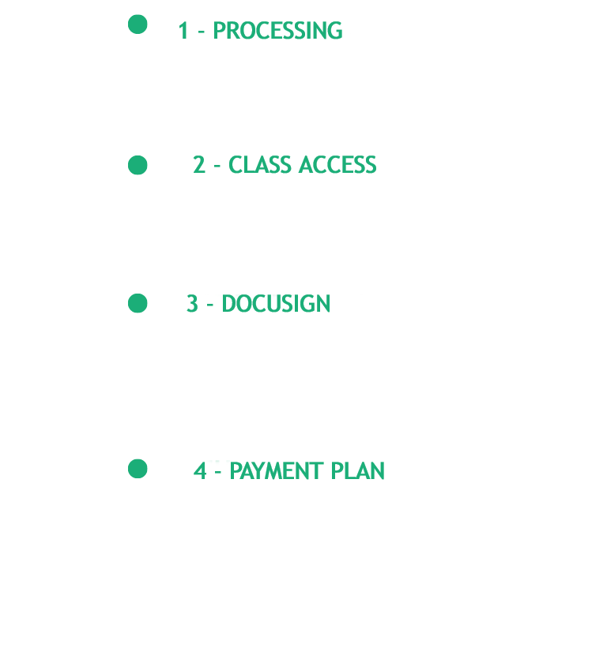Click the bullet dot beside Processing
click(x=138, y=24)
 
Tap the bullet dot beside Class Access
click(x=138, y=165)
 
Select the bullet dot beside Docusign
click(x=138, y=303)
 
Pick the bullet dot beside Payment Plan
click(x=138, y=469)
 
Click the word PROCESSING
click(x=278, y=31)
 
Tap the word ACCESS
click(x=337, y=165)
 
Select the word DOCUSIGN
click(x=276, y=303)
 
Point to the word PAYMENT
click(x=277, y=470)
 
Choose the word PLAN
click(x=358, y=470)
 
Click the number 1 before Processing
click(x=183, y=31)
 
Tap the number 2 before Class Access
click(x=199, y=165)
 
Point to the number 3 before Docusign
click(x=192, y=303)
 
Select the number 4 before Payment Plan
click(x=200, y=470)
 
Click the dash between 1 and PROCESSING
click(x=202, y=32)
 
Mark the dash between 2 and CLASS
click(x=217, y=166)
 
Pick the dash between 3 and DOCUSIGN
click(x=210, y=305)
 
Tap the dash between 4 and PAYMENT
click(x=218, y=472)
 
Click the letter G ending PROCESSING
click(x=335, y=31)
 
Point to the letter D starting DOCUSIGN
click(x=229, y=303)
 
